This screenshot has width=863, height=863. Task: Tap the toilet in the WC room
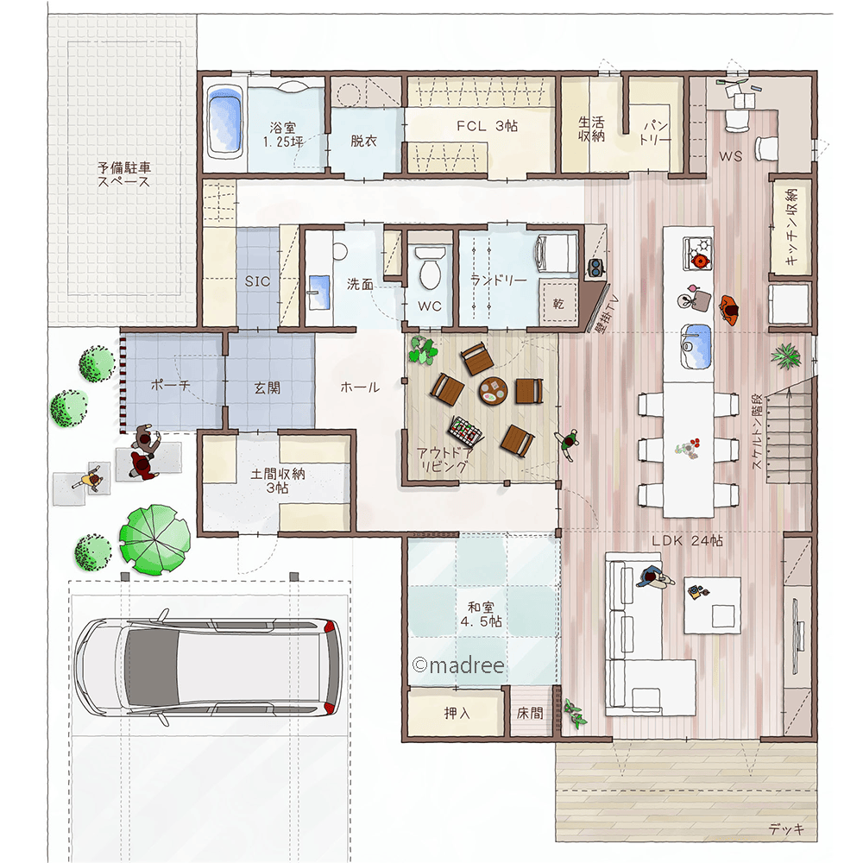430,268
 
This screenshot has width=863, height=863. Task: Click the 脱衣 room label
364,141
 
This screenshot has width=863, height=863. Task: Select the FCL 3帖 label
487,126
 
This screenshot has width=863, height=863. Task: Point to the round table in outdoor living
492,391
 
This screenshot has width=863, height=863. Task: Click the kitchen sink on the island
696,346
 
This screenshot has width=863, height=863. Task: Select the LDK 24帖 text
687,540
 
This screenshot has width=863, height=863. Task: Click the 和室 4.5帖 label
482,614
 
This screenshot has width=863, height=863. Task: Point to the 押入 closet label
457,714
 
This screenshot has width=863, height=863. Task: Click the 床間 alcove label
530,714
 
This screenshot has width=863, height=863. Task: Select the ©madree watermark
458,665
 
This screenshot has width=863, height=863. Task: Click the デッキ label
786,828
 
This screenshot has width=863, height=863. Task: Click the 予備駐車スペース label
124,174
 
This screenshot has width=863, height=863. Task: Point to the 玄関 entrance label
267,388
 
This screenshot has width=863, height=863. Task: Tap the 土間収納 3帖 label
278,481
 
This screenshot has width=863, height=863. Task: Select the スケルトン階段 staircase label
758,431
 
